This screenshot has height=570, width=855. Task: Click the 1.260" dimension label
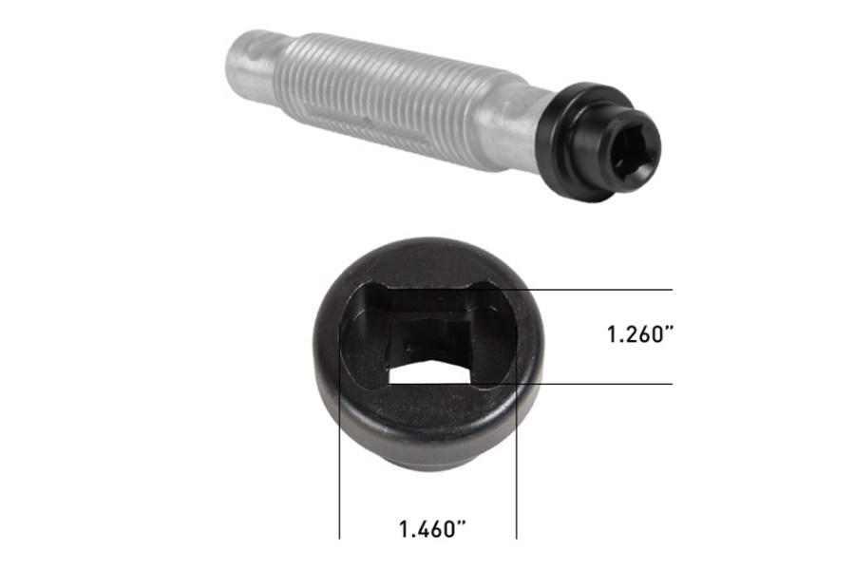pos(643,334)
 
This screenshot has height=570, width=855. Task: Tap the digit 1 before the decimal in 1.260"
pos(613,334)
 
